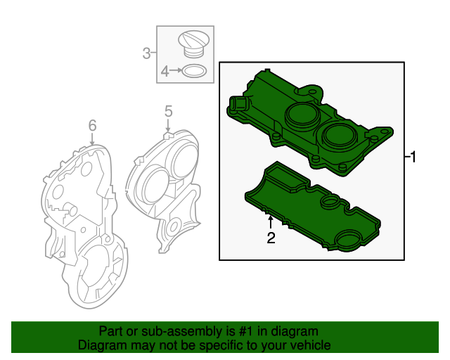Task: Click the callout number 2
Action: click(271, 238)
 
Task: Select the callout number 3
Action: click(147, 52)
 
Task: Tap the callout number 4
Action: click(165, 71)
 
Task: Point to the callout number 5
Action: click(168, 110)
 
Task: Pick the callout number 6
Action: click(92, 125)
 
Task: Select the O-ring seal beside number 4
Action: click(194, 71)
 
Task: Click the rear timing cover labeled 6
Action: click(77, 218)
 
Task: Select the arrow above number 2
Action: click(271, 222)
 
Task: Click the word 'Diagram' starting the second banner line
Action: click(101, 345)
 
